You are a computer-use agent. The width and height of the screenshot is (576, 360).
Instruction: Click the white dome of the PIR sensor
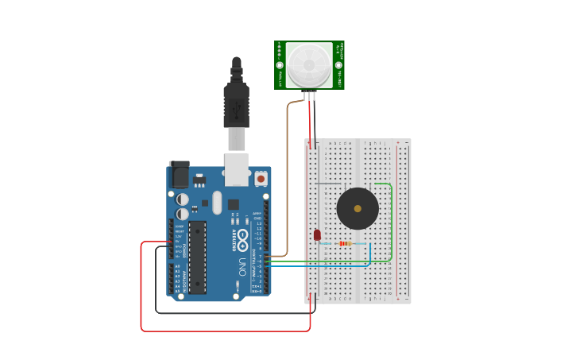(309, 65)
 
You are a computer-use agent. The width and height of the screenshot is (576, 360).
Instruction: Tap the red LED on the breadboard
(317, 234)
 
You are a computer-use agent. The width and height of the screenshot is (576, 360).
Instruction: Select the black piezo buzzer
(358, 208)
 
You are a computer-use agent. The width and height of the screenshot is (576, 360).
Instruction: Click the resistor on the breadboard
(346, 243)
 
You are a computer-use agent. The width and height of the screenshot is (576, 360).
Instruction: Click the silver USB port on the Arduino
(238, 169)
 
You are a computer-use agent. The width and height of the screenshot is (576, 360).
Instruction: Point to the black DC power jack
(180, 174)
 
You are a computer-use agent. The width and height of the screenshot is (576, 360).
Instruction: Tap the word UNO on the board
(242, 265)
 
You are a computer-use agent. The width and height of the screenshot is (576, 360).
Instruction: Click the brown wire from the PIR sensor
(288, 175)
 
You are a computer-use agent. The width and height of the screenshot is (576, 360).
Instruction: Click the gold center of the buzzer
(358, 208)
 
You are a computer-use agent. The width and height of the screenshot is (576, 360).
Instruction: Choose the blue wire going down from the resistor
(370, 254)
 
